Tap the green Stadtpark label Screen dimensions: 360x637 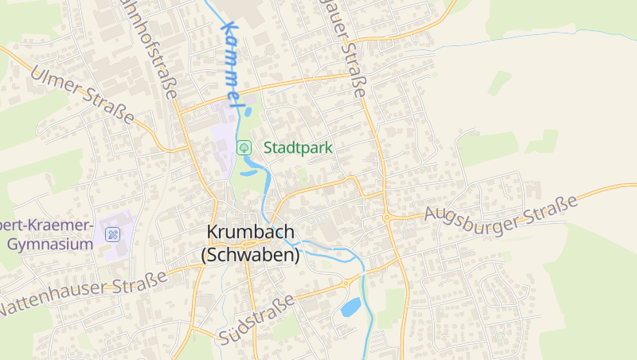[x=298, y=147]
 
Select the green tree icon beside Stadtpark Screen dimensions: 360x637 [x=244, y=147]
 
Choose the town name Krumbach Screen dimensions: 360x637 [x=250, y=232]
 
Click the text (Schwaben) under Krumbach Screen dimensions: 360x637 [x=250, y=255]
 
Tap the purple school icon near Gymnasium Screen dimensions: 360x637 [x=113, y=234]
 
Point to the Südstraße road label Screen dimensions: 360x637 [x=256, y=319]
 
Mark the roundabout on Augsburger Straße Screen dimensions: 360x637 [x=386, y=217]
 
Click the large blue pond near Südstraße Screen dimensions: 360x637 [x=351, y=307]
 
